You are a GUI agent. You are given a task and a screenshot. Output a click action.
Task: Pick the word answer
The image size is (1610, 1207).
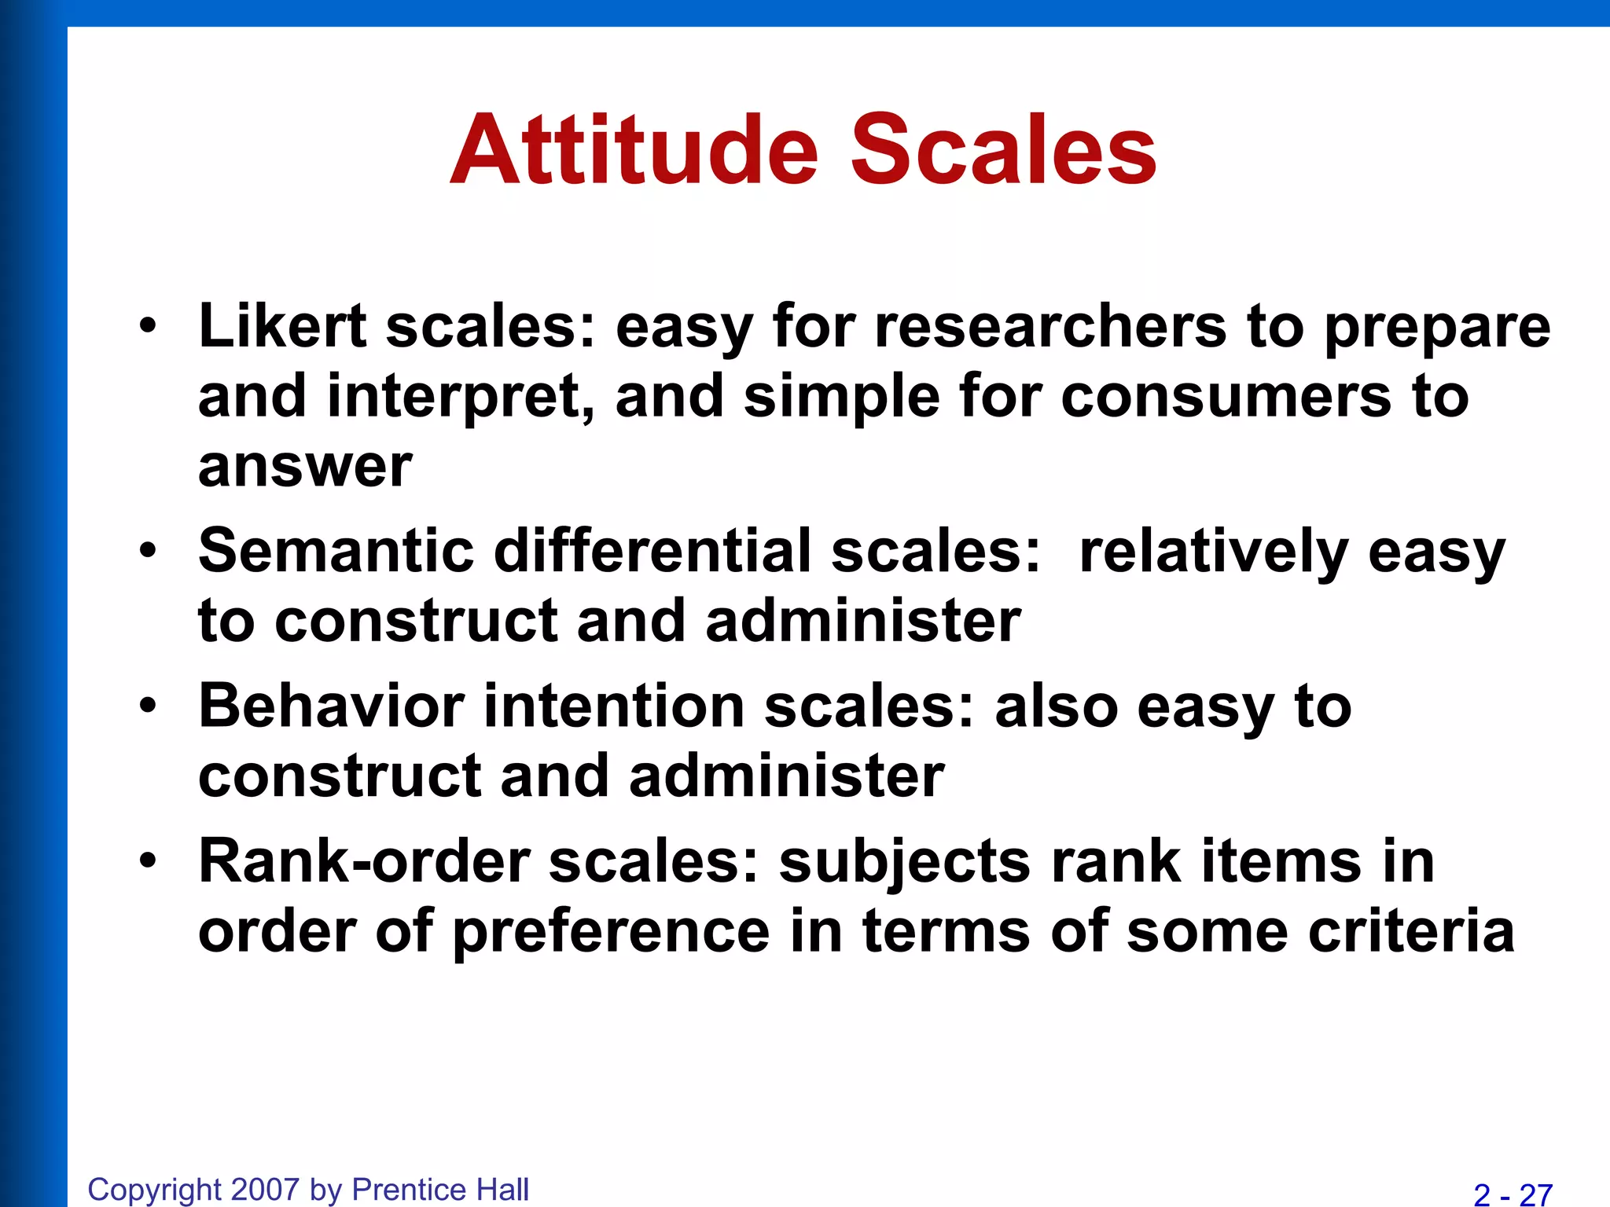tap(305, 466)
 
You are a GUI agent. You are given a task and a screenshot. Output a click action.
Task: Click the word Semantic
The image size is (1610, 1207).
tap(336, 551)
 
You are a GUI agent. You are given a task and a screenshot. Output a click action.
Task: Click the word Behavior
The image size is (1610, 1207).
tap(331, 706)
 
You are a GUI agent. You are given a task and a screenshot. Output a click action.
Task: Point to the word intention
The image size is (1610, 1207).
tap(613, 706)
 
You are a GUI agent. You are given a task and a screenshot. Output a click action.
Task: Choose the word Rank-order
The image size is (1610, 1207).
tap(364, 861)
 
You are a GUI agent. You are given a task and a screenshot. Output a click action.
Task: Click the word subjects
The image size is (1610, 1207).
tap(904, 863)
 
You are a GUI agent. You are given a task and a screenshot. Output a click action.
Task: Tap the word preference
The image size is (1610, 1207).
tap(612, 933)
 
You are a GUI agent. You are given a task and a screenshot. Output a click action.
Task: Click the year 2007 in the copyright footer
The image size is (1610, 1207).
tap(266, 1189)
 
